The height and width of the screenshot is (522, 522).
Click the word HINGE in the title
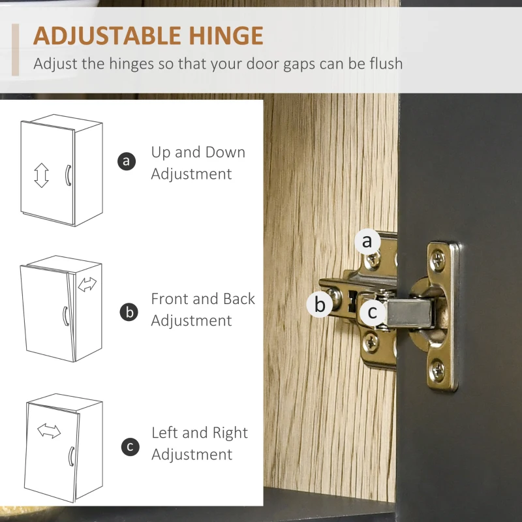click(x=226, y=36)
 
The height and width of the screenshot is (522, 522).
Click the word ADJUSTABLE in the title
click(x=107, y=36)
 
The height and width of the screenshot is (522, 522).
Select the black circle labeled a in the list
click(x=127, y=161)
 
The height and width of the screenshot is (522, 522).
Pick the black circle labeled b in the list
click(x=129, y=313)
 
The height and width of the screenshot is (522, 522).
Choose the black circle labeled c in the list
click(x=130, y=447)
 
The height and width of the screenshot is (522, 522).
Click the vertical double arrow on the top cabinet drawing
click(x=41, y=175)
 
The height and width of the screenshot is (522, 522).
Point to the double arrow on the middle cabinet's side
click(x=87, y=284)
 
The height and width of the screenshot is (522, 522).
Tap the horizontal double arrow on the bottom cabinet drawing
click(x=49, y=431)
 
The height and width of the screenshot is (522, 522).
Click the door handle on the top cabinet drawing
click(x=68, y=175)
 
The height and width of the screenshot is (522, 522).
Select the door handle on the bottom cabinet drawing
click(x=71, y=456)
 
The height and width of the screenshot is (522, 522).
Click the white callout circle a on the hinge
click(x=367, y=241)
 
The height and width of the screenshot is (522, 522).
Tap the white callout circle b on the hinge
click(x=320, y=304)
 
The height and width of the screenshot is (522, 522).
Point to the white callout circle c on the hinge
click(x=373, y=312)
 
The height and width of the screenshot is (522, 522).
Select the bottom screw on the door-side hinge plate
click(x=437, y=369)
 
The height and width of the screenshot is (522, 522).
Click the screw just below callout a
click(x=373, y=260)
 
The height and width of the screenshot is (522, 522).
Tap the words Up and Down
click(x=198, y=152)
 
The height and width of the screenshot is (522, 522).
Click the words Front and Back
click(x=203, y=299)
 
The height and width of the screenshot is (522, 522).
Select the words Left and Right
click(x=200, y=433)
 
